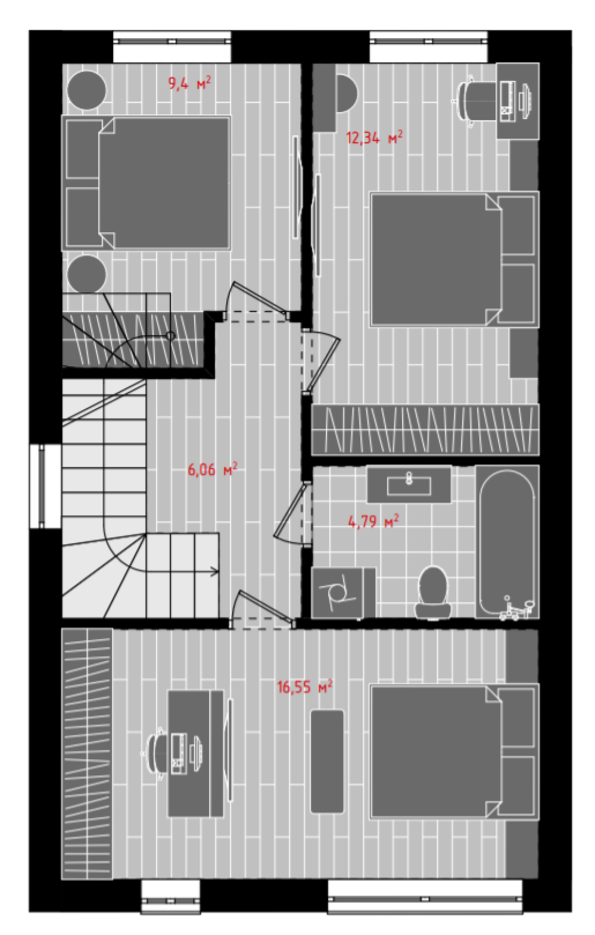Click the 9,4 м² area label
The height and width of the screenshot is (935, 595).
[189, 83]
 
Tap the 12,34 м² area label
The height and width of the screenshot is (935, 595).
[374, 138]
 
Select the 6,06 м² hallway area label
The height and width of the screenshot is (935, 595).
[212, 470]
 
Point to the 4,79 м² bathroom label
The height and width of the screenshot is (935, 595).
[373, 521]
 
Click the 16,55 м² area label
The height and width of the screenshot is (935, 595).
[305, 687]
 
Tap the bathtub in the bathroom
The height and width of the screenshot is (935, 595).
[507, 542]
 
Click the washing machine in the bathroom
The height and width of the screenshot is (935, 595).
[343, 593]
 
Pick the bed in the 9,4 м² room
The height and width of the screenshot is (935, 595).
[146, 183]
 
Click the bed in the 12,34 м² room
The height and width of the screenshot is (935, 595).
[454, 259]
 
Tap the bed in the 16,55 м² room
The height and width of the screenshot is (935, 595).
[454, 752]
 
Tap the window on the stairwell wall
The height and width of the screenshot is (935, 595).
[45, 486]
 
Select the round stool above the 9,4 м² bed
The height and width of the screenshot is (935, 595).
[87, 90]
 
